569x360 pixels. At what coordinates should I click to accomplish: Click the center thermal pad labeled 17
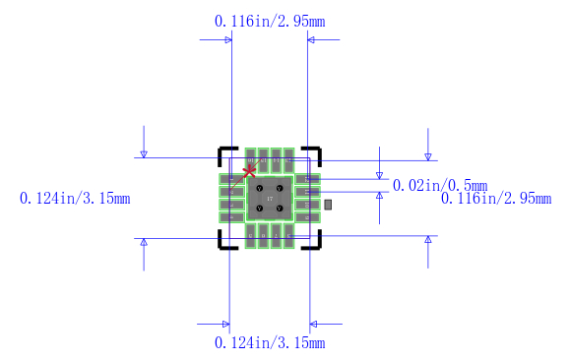[x=270, y=199]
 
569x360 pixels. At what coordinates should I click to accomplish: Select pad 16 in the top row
[x=251, y=160]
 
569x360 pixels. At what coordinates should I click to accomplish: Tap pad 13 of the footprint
[x=288, y=160]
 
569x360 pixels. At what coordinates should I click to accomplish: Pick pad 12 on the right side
[x=307, y=179]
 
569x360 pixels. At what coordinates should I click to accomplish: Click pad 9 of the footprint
[x=307, y=216]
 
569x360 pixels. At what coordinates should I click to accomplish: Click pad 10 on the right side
[x=307, y=205]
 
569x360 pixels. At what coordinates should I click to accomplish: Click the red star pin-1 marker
[x=249, y=169]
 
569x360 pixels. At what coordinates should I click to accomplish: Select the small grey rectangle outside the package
[x=329, y=204]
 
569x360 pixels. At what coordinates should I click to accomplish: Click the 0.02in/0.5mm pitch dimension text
[x=440, y=185]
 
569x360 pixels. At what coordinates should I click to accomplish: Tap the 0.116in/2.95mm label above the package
[x=270, y=21]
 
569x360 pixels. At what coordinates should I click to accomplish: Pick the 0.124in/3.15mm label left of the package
[x=75, y=198]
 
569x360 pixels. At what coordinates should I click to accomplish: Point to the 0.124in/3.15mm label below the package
[x=270, y=342]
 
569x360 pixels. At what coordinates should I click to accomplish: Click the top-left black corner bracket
[x=223, y=153]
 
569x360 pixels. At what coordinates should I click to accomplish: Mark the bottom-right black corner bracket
[x=315, y=243]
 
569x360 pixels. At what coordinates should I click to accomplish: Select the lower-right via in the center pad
[x=280, y=208]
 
